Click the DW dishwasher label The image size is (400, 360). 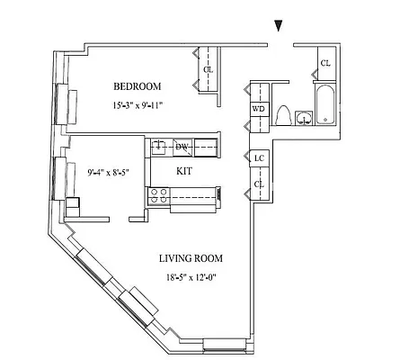pyautogui.click(x=182, y=147)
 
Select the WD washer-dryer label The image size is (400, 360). pyautogui.click(x=259, y=109)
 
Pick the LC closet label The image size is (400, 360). pyautogui.click(x=259, y=159)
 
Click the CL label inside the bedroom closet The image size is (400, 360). pyautogui.click(x=209, y=69)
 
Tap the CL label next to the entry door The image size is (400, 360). pyautogui.click(x=325, y=63)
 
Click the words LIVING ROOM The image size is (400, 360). pyautogui.click(x=190, y=259)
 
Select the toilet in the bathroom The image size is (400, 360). pyautogui.click(x=283, y=115)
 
